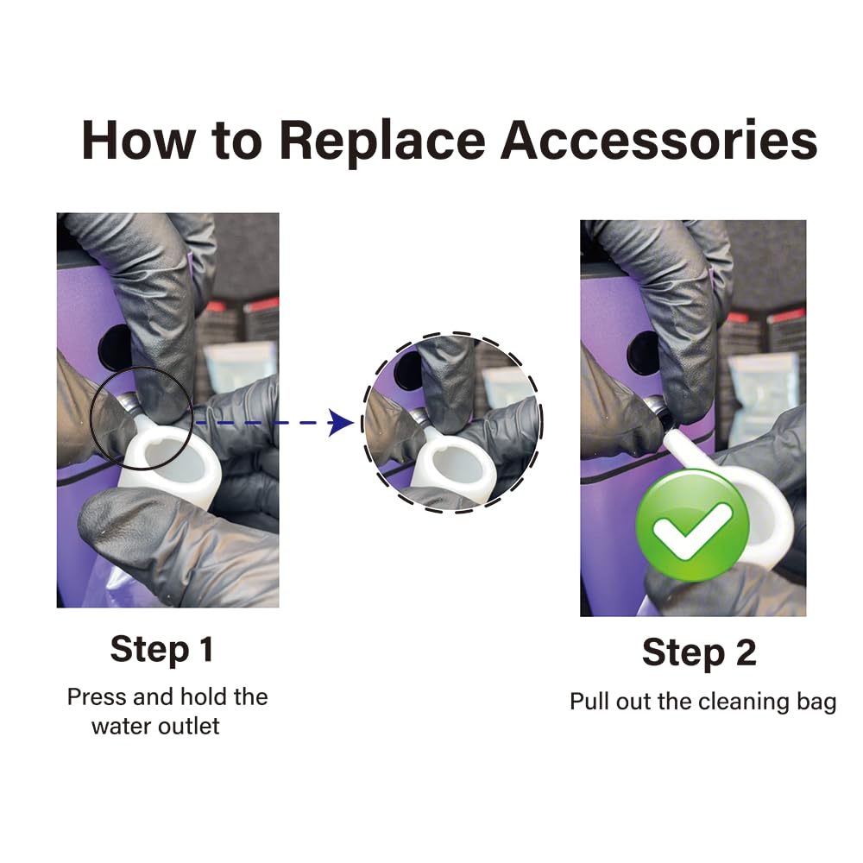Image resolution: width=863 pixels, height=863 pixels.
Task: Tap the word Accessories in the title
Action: tap(658, 141)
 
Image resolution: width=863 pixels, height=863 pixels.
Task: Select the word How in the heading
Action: tap(139, 141)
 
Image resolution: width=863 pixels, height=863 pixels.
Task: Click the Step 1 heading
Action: tap(162, 650)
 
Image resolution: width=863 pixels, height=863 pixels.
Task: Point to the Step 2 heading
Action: tap(699, 654)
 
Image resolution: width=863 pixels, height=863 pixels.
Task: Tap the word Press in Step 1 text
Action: tap(98, 697)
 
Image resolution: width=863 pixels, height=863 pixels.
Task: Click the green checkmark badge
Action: tap(692, 525)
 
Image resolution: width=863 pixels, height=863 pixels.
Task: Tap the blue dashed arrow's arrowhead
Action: tap(341, 423)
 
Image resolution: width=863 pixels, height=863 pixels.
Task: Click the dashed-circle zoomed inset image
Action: tap(452, 423)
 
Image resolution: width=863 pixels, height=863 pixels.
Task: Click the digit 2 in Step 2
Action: tap(746, 652)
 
